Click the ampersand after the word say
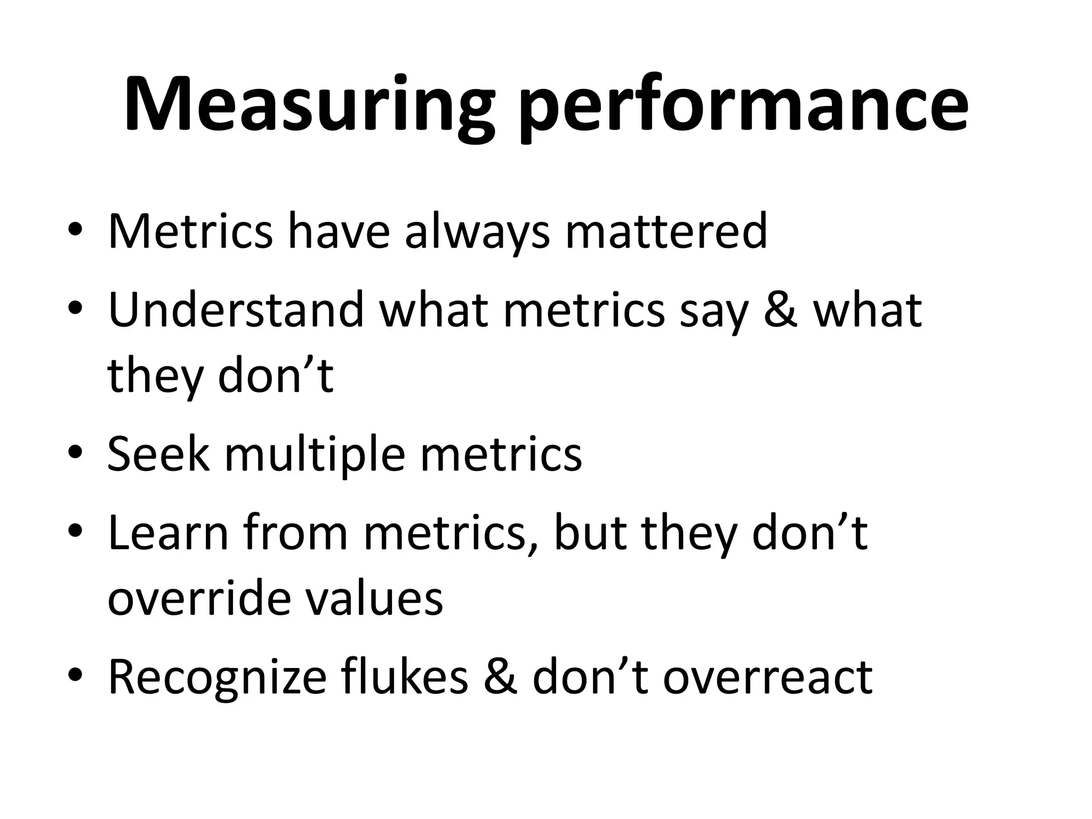(x=781, y=310)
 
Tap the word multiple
(x=315, y=454)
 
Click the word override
(x=197, y=598)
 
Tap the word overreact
(x=767, y=678)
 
